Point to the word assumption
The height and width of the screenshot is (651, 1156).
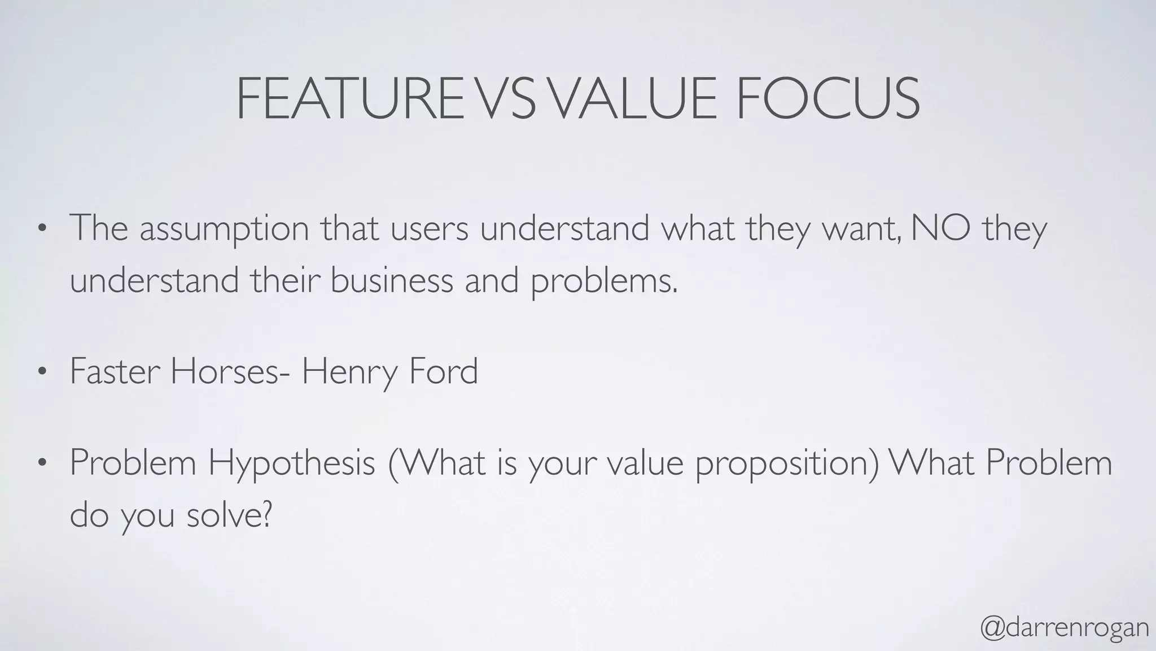tap(224, 229)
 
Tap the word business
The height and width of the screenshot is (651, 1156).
tap(392, 280)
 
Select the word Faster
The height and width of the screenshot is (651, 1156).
tap(115, 371)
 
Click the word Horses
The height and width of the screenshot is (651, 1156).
tap(225, 371)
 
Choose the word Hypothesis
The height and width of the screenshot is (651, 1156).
tap(291, 463)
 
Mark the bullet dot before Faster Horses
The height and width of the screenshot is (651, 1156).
tap(41, 372)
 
